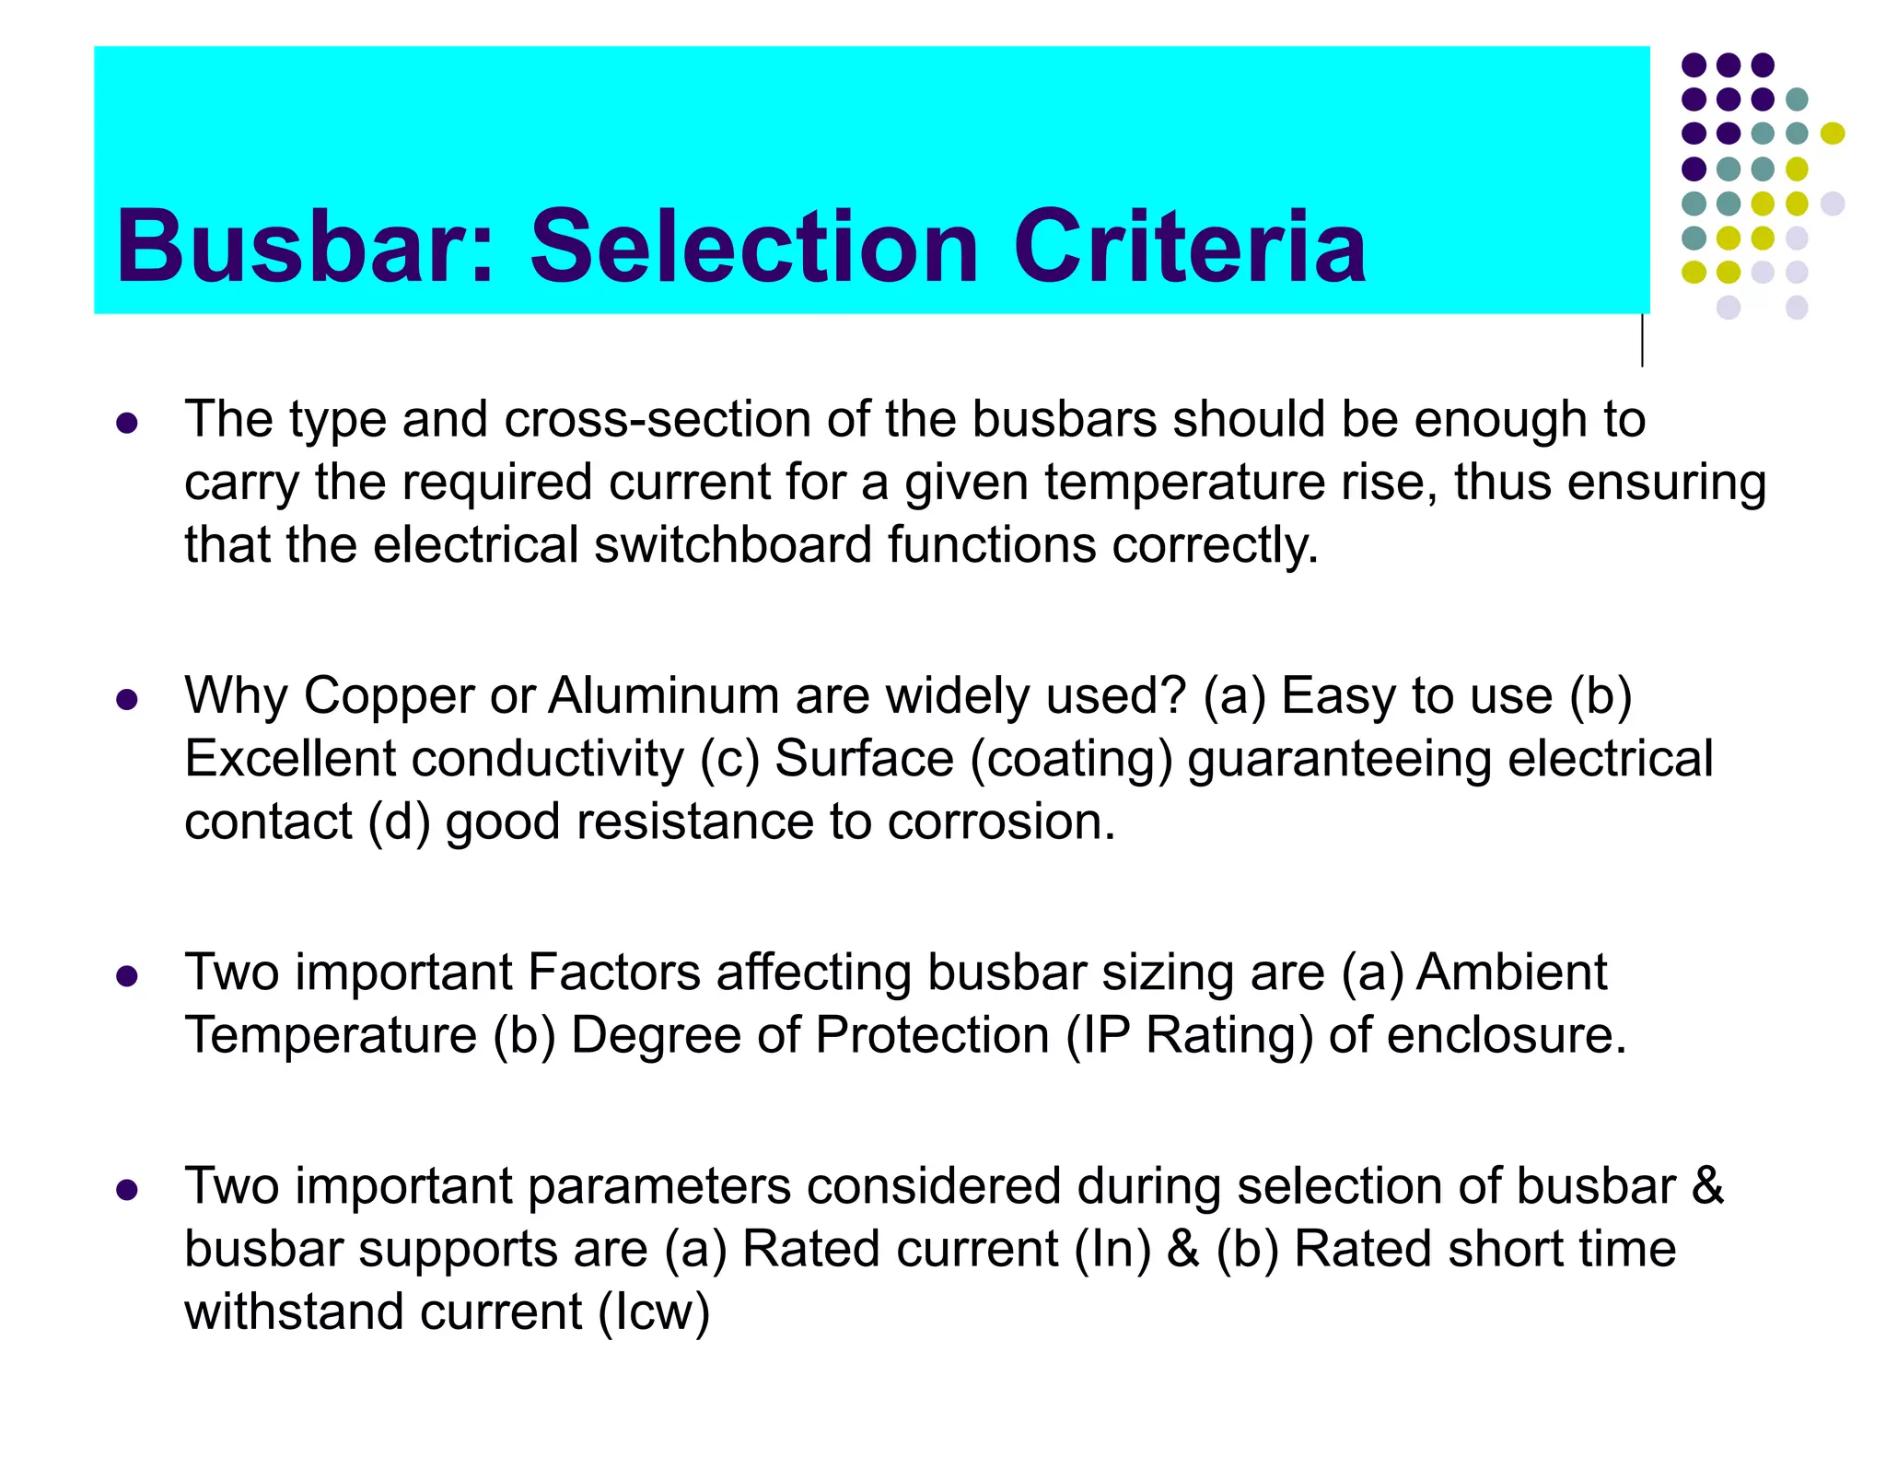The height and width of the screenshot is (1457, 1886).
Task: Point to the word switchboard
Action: (x=732, y=544)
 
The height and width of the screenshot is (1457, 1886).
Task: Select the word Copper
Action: (x=389, y=697)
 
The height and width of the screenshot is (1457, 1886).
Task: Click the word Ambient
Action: (x=1511, y=973)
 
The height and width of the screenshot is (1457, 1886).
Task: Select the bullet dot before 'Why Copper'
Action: (x=127, y=700)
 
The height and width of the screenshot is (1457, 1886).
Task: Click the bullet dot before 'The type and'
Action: (x=127, y=424)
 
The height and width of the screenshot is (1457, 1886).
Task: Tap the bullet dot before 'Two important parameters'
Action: (x=127, y=1190)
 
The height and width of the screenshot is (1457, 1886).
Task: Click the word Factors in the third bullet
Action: (x=614, y=973)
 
